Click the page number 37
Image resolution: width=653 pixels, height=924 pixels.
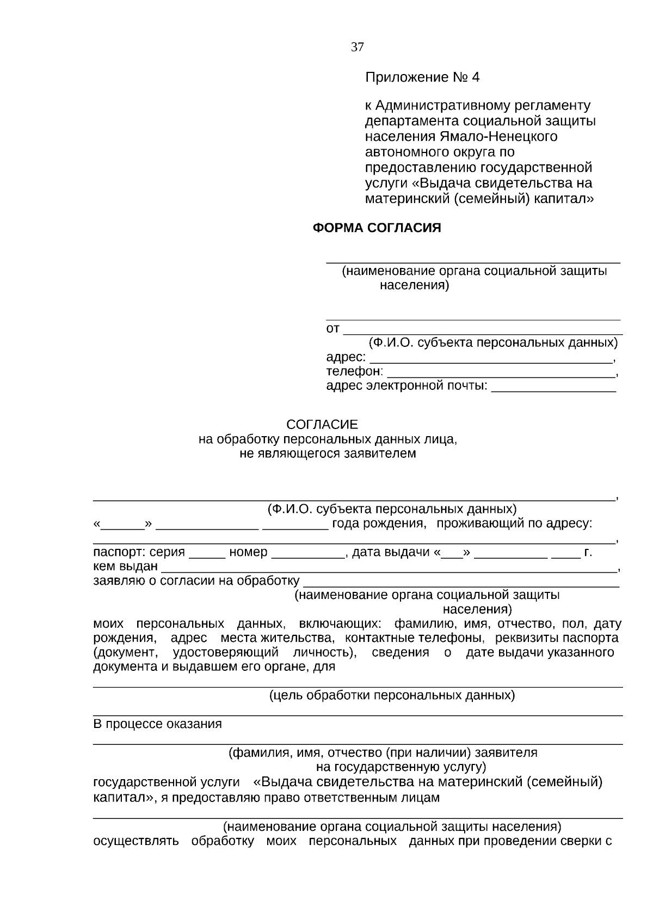[x=357, y=47]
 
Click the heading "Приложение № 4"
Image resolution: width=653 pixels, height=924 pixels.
[x=422, y=77]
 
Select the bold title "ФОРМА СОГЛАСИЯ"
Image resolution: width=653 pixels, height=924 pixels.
[x=377, y=228]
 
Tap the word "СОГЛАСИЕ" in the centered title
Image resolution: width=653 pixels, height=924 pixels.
[x=322, y=424]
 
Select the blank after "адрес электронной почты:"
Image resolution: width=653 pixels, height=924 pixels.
[x=553, y=388]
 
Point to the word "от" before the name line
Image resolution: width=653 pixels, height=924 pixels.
[x=332, y=329]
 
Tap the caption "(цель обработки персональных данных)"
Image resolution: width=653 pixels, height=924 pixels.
[x=392, y=695]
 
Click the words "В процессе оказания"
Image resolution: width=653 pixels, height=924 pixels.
[x=158, y=724]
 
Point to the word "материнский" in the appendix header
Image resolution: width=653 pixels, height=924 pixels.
[x=406, y=199]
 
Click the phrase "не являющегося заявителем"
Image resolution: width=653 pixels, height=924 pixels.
[x=328, y=454]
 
